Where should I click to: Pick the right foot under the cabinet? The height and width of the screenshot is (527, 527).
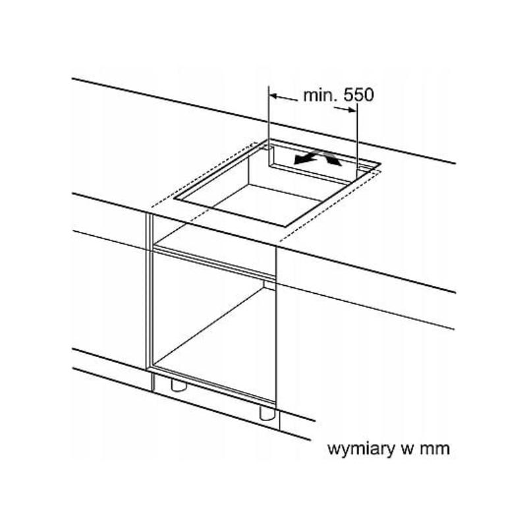tap(267, 412)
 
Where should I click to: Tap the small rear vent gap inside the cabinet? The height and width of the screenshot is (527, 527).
tap(268, 285)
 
